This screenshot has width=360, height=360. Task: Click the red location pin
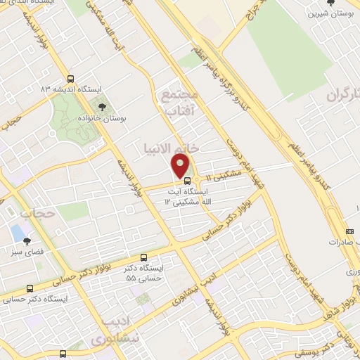(x=181, y=167)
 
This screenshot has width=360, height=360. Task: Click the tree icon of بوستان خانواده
(x=103, y=107)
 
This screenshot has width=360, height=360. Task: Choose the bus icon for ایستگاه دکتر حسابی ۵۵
(x=144, y=258)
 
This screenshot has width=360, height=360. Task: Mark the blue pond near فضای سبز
(x=15, y=232)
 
